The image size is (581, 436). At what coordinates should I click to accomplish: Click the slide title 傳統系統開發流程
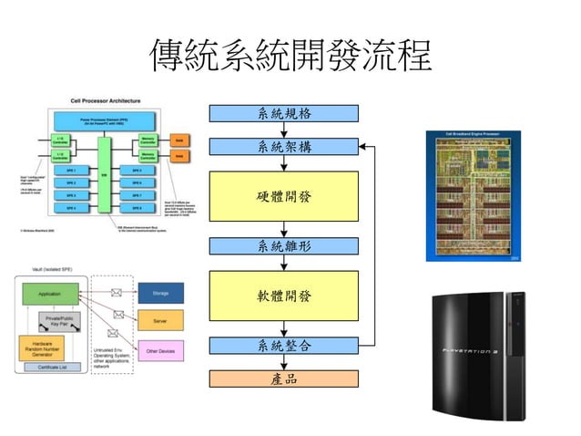point(290,56)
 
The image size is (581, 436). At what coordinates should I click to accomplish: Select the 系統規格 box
point(284,113)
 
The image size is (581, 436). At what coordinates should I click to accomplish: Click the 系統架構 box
point(284,147)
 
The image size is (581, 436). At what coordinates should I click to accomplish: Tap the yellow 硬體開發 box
point(284,196)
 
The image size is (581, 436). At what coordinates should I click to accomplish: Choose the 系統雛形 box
point(284,245)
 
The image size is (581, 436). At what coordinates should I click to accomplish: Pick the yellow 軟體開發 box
point(284,296)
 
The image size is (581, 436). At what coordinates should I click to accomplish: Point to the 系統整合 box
point(284,346)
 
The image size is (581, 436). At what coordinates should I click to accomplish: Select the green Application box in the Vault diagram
point(50,295)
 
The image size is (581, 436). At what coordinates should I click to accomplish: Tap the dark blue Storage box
point(160,293)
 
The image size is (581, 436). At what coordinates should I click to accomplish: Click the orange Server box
point(160,322)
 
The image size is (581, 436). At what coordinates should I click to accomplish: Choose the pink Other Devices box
point(160,350)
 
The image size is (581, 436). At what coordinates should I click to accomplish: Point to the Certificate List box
point(50,368)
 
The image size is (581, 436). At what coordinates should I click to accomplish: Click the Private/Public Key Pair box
point(59,320)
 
